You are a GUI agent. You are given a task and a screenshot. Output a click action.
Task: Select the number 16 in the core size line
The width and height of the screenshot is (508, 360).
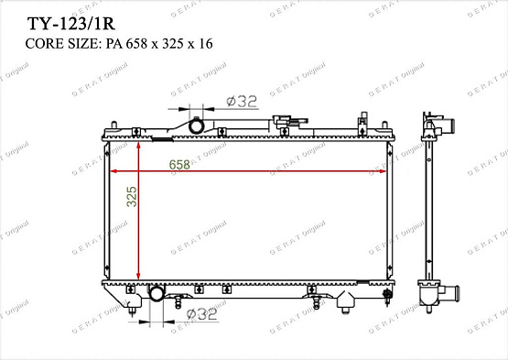206,42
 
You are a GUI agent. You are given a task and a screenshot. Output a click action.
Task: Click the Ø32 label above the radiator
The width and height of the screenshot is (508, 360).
242,102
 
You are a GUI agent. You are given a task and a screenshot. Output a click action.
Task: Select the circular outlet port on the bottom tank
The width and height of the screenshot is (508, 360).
157,294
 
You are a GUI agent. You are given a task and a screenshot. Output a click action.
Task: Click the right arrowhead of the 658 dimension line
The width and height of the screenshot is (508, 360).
384,171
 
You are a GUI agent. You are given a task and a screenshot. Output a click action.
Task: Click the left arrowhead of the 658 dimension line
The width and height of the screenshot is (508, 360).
113,171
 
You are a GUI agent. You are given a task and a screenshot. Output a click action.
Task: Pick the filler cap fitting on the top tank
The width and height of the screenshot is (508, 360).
286,120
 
